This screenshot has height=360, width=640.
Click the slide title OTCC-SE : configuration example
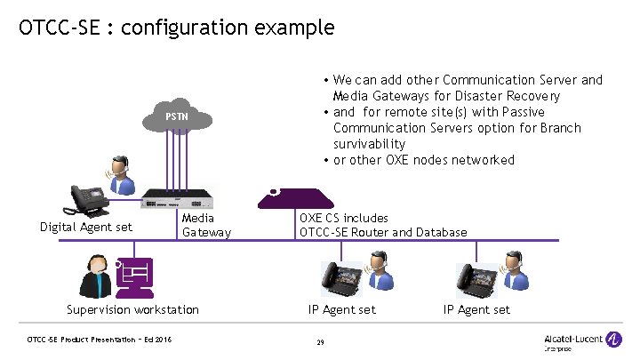pos(176,28)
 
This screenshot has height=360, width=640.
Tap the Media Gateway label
pos(205,225)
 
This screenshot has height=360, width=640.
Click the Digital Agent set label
pos(86,227)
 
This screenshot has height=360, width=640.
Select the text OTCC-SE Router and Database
pos(383,233)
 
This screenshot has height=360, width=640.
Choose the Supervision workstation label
pos(133,309)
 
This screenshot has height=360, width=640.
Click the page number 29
pos(320,342)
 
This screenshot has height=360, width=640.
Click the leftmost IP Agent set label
pos(342,309)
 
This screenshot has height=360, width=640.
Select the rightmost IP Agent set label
pos(476,309)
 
